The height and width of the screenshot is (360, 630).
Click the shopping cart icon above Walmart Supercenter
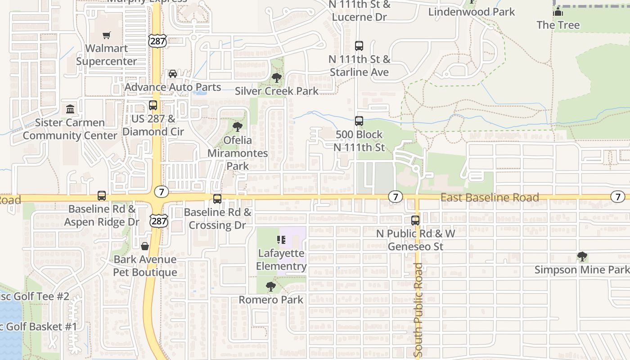107,36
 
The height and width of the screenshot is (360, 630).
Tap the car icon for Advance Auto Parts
172,74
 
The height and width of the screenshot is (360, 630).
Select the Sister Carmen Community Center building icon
70,109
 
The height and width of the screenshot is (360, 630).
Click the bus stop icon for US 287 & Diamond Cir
153,106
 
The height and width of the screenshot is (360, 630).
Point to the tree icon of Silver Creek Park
277,78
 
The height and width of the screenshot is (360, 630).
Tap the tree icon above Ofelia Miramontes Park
237,127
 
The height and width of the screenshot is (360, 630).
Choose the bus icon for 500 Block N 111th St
359,121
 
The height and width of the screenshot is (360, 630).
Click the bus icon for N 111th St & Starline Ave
359,46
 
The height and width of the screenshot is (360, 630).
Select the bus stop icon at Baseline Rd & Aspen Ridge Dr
102,196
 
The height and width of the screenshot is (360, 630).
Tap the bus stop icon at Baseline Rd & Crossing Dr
217,198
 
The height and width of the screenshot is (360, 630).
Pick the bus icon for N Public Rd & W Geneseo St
415,220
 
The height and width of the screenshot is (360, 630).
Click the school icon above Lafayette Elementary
282,240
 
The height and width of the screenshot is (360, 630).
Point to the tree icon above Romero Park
270,287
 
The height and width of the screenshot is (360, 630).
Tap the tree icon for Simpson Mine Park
582,257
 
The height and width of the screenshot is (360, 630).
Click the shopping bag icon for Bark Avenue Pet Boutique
145,246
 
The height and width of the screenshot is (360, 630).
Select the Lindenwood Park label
471,12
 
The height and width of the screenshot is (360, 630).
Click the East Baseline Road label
490,198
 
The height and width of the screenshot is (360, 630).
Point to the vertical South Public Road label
418,310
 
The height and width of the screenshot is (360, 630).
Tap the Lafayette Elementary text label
281,260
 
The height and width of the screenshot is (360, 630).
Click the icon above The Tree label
558,12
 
